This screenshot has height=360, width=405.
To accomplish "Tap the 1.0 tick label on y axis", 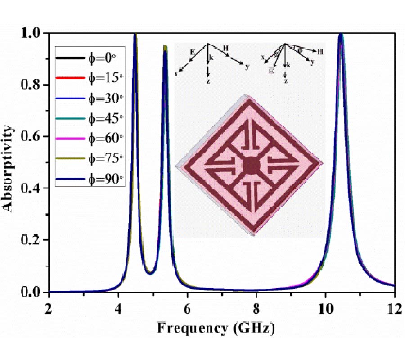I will tap(34, 33).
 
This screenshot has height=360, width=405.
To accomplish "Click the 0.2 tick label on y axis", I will tap(34, 240).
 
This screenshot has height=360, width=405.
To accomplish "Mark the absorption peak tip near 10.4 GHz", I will tap(341, 34).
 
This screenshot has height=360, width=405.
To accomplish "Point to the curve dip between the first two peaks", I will tap(150, 273).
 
